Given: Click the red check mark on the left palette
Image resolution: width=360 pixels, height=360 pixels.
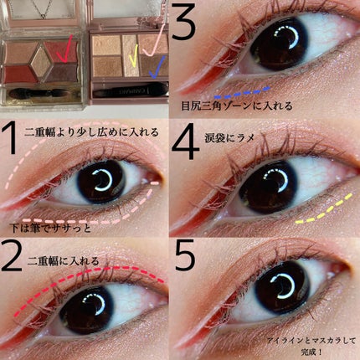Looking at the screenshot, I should pyautogui.click(x=61, y=52).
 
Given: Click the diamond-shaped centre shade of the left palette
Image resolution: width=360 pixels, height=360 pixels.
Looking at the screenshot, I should pyautogui.click(x=39, y=59).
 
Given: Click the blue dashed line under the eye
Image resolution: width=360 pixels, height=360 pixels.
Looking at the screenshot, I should pyautogui.click(x=242, y=92).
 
